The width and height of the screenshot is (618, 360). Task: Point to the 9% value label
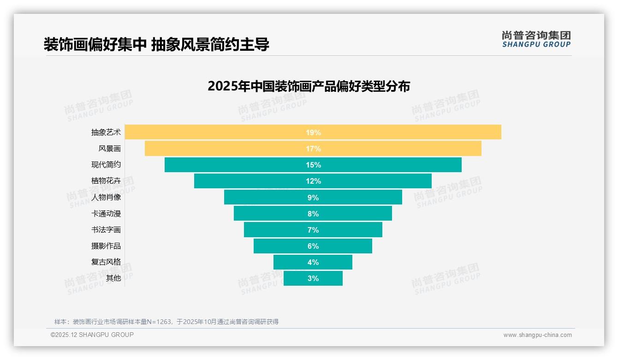313,198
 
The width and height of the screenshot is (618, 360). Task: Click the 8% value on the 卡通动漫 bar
313,214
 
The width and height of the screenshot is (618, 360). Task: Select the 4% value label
313,262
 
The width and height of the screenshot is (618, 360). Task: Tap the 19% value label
313,132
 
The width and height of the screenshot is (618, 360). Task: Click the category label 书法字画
106,230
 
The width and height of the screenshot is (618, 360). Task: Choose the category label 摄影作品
106,246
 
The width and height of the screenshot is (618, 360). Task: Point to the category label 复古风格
106,262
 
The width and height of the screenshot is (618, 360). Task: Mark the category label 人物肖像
106,198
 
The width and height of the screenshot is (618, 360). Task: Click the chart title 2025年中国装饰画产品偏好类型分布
309,86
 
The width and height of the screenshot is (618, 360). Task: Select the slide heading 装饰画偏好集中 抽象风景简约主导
156,44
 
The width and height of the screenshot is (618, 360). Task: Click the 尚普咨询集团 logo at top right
536,39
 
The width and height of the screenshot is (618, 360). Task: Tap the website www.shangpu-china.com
537,335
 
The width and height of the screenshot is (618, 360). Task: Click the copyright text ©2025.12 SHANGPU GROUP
92,335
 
